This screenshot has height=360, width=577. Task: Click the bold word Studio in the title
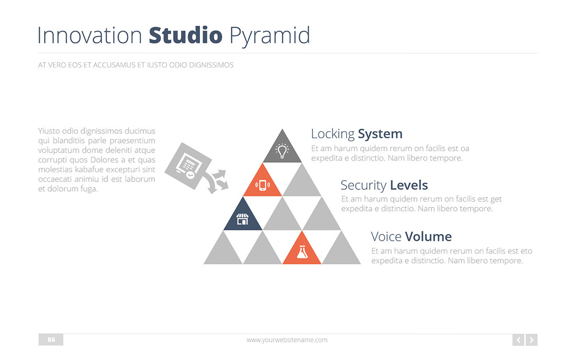click(185, 36)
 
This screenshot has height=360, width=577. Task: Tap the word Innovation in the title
click(90, 36)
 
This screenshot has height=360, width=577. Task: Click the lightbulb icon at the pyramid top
click(282, 151)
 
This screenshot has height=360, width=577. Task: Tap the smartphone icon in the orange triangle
click(262, 185)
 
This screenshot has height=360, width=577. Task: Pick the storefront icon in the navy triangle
click(242, 219)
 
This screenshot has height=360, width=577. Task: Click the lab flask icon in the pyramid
click(302, 252)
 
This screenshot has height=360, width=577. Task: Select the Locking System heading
click(357, 134)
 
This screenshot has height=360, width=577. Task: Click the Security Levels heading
click(384, 185)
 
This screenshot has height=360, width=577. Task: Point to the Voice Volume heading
click(411, 236)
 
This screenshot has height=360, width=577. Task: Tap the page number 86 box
click(51, 340)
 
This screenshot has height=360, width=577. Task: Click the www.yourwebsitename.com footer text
click(287, 340)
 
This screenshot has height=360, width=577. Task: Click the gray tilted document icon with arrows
click(194, 168)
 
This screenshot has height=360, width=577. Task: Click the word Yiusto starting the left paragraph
click(49, 131)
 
